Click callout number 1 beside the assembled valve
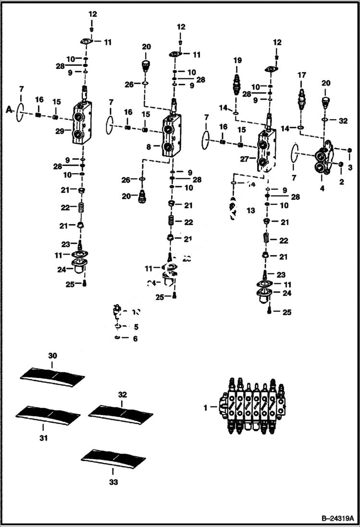pos(205,407)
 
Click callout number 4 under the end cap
pos(322,188)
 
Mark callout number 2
pos(342,182)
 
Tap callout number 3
pos(350,167)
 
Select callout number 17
pos(301,75)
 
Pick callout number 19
pos(236,61)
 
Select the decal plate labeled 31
pos(48,414)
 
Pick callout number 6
pos(135,339)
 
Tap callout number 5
pos(136,327)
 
